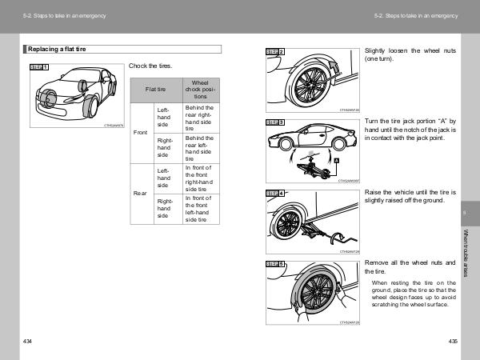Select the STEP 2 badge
point(274,52)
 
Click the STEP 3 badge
point(274,122)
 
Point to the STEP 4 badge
point(274,194)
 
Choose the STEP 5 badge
point(274,264)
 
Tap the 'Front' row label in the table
point(141,132)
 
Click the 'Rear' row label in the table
point(141,194)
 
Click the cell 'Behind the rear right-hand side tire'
point(199,117)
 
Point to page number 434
point(28,342)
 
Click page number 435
point(453,342)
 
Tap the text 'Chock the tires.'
point(150,66)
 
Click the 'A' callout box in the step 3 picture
point(338,161)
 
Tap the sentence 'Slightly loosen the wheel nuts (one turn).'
point(410,54)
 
